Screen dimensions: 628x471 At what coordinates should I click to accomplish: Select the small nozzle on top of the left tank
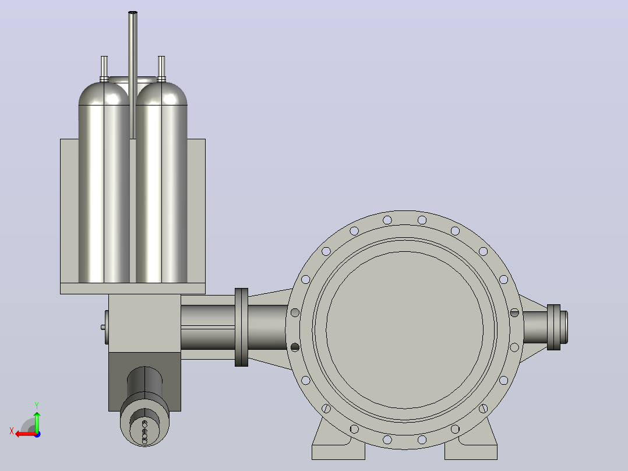[x=104, y=69]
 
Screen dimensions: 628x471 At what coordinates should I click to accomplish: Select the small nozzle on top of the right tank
[x=161, y=69]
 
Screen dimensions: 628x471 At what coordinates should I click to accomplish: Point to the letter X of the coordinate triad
[x=12, y=431]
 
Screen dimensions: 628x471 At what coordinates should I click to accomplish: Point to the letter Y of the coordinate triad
[x=37, y=406]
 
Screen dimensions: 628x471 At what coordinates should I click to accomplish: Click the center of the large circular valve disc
[x=404, y=330]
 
